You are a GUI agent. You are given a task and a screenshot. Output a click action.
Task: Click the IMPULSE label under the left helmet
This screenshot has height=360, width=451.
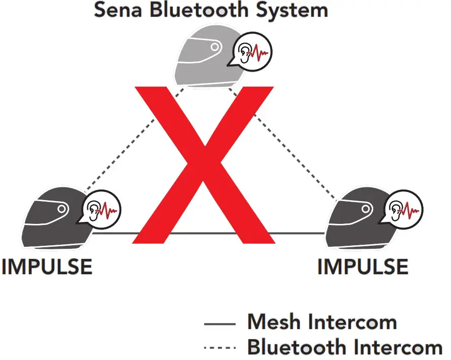47,267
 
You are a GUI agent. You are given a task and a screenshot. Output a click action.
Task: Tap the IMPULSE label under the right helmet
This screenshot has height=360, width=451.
363,267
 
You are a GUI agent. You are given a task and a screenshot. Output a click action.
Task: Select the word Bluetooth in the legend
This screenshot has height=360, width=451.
300,347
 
